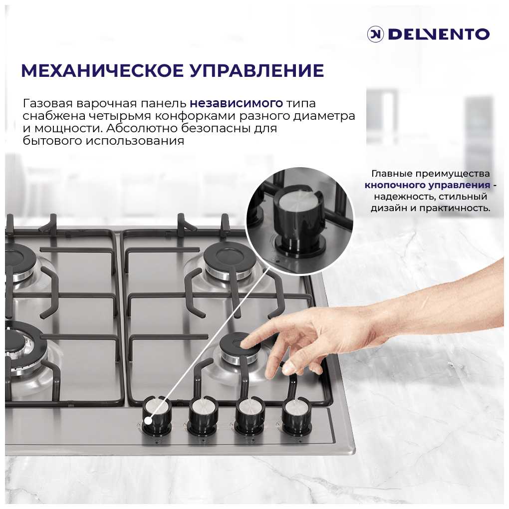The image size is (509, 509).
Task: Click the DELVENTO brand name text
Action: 439,34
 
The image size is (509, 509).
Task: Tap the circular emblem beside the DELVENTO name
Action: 375,34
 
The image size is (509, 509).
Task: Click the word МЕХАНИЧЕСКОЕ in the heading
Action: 102,70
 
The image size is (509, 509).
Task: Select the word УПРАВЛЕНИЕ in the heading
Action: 257,70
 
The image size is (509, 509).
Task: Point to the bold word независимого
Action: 237,103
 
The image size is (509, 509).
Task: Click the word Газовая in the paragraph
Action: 48,103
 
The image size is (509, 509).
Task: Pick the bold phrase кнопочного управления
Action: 427,185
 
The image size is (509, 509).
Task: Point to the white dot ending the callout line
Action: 148,421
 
